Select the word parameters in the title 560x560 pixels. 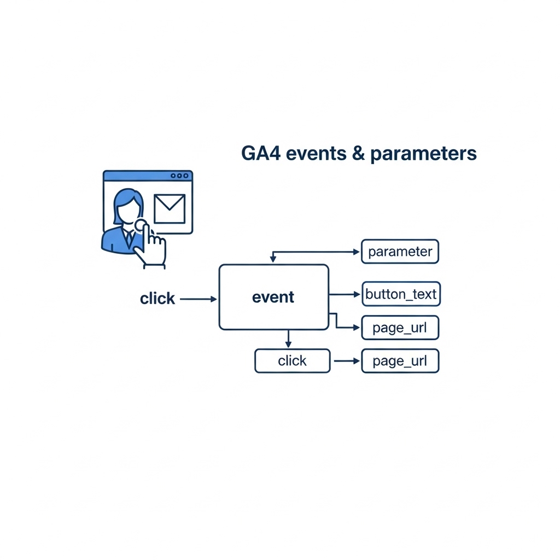pyautogui.click(x=423, y=154)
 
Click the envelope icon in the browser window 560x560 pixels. pyautogui.click(x=170, y=209)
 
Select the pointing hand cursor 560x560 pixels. pyautogui.click(x=150, y=246)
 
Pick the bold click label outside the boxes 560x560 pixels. pyautogui.click(x=157, y=299)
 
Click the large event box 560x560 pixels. pyautogui.click(x=273, y=297)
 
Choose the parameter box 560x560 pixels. pyautogui.click(x=400, y=252)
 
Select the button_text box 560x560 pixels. pyautogui.click(x=401, y=294)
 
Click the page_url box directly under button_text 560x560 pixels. pyautogui.click(x=400, y=328)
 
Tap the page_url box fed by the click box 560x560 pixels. pyautogui.click(x=400, y=361)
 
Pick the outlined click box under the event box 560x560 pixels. pyautogui.click(x=293, y=361)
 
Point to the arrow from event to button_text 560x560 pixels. pyautogui.click(x=345, y=294)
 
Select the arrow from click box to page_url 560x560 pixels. pyautogui.click(x=346, y=361)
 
